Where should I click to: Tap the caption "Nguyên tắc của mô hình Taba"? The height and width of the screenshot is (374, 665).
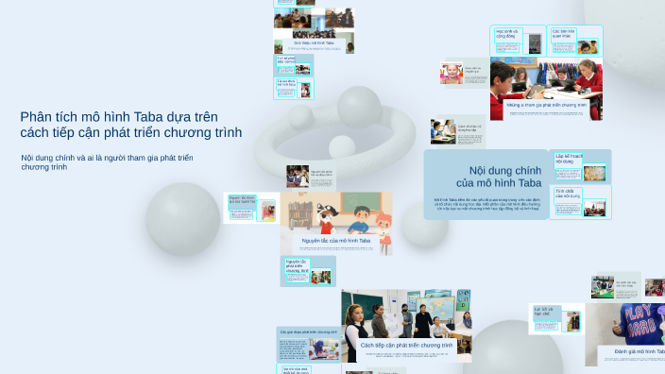(x=335, y=241)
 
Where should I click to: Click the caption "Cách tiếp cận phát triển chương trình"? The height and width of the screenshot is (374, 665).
(x=406, y=346)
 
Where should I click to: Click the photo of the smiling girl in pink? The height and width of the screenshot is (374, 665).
(x=452, y=74)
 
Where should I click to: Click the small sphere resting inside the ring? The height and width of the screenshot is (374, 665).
(x=341, y=146)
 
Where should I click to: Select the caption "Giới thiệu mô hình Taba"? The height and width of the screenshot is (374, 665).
(x=314, y=42)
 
